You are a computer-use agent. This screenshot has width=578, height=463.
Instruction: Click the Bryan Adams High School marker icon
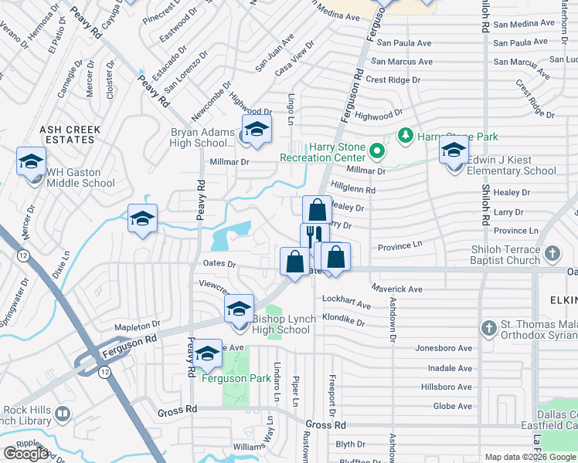257,130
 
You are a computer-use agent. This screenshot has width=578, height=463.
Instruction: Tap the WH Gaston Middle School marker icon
31,162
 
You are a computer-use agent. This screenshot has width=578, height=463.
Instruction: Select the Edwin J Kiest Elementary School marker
454,150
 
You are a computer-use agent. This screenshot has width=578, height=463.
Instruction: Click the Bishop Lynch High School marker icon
240,309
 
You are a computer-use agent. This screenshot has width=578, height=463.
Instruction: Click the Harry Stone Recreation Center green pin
376,150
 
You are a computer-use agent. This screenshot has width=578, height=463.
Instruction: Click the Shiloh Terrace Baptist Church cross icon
552,253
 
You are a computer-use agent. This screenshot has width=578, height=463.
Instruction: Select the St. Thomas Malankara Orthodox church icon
488,329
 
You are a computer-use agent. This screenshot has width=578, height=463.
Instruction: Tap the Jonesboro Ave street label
443,348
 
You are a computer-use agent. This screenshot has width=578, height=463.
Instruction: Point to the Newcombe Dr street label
210,102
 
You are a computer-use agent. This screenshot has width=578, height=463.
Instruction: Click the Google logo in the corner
26,454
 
